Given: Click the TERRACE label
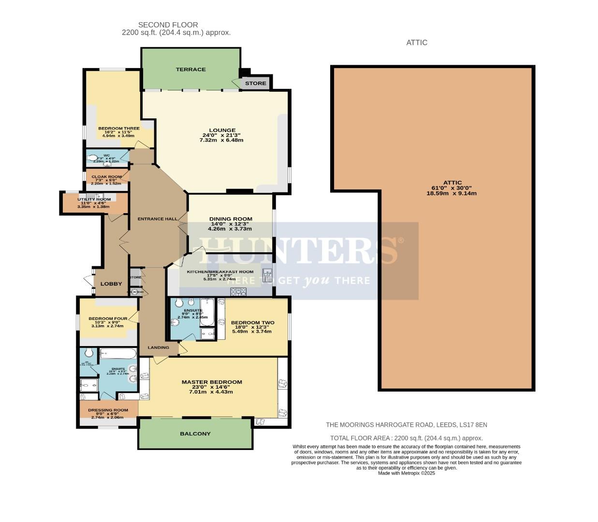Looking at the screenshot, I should pyautogui.click(x=190, y=70).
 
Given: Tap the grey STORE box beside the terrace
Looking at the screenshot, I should pyautogui.click(x=255, y=83).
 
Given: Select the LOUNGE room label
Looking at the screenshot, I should pyautogui.click(x=222, y=130).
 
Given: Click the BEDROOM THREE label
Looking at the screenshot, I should pyautogui.click(x=119, y=129).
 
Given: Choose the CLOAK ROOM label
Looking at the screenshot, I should pyautogui.click(x=107, y=177).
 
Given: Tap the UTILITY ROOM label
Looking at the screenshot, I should pyautogui.click(x=94, y=199).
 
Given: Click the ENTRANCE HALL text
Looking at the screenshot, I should pyautogui.click(x=157, y=219).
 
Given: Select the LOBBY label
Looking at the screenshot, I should pyautogui.click(x=111, y=284).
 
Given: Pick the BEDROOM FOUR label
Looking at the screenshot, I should pyautogui.click(x=108, y=319).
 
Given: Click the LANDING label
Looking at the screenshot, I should pyautogui.click(x=159, y=348).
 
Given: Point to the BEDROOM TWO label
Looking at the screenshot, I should pyautogui.click(x=252, y=323).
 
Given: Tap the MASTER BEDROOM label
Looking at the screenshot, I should pyautogui.click(x=212, y=382).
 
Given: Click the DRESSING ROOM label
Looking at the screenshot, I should pyautogui.click(x=108, y=410).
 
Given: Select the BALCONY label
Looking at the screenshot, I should pyautogui.click(x=195, y=434).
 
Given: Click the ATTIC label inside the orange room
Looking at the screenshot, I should pyautogui.click(x=452, y=183).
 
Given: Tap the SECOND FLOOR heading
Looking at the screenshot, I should pyautogui.click(x=168, y=25).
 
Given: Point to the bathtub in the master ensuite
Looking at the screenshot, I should pyautogui.click(x=118, y=354).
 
